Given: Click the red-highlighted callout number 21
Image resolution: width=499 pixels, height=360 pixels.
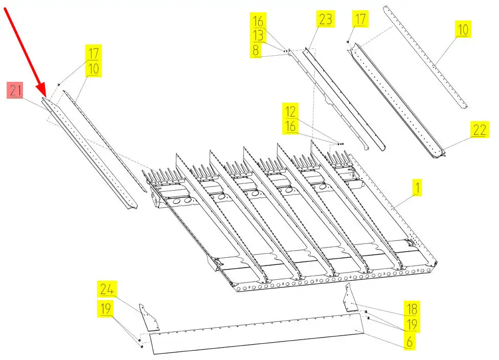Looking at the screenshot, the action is (x=15, y=90).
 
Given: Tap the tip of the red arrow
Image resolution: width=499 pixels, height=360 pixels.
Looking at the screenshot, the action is (x=46, y=97).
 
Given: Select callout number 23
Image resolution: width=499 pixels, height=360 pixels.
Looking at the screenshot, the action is (x=325, y=19).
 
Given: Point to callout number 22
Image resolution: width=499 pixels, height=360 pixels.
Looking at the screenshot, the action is (x=480, y=129).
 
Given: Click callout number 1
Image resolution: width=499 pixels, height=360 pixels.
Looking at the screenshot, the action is (x=417, y=187).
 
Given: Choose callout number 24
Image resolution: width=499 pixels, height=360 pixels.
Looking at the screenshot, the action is (x=107, y=289).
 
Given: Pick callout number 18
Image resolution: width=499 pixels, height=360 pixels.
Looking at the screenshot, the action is (x=412, y=308).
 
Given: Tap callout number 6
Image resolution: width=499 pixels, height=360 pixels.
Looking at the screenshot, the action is (x=410, y=342).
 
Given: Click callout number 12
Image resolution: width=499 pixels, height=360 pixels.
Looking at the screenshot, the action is (x=290, y=111).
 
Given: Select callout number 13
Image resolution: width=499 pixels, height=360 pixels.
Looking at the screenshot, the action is (x=258, y=35).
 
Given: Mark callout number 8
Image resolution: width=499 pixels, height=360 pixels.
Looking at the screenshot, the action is (x=255, y=50).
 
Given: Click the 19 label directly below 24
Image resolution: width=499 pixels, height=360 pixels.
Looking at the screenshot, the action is (x=105, y=308).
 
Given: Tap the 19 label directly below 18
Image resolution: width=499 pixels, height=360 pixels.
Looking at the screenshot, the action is (x=412, y=325).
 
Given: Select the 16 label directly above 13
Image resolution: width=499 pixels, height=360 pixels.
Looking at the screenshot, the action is (x=258, y=20).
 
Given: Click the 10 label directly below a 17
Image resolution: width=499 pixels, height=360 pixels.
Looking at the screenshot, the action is (x=93, y=69).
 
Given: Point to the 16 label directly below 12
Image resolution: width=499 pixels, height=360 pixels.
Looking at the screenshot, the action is (x=290, y=126).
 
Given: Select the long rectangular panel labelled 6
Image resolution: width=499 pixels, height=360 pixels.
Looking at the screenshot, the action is (x=257, y=333).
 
